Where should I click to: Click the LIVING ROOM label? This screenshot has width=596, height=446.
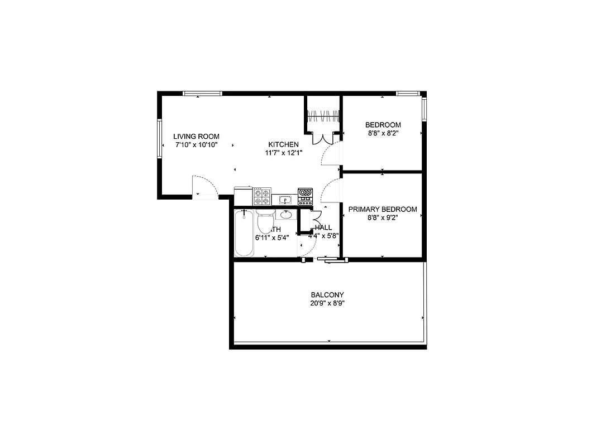196,136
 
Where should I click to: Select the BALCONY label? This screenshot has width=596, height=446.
327,295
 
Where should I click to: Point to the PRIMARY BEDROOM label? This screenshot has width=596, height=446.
383,209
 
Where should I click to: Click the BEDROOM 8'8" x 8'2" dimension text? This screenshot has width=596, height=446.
383,133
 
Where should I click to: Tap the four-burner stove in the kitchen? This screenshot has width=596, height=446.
262,197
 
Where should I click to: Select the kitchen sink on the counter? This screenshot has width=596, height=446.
284,199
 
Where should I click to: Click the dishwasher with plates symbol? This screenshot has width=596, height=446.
305,197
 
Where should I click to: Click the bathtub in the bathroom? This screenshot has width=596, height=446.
244,232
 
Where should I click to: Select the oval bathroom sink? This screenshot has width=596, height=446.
286,215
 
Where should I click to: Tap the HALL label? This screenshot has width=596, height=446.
323,227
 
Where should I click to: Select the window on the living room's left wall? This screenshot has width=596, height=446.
160,138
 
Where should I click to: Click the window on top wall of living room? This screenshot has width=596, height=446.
202,93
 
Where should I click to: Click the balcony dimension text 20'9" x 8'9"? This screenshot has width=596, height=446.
327,304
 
